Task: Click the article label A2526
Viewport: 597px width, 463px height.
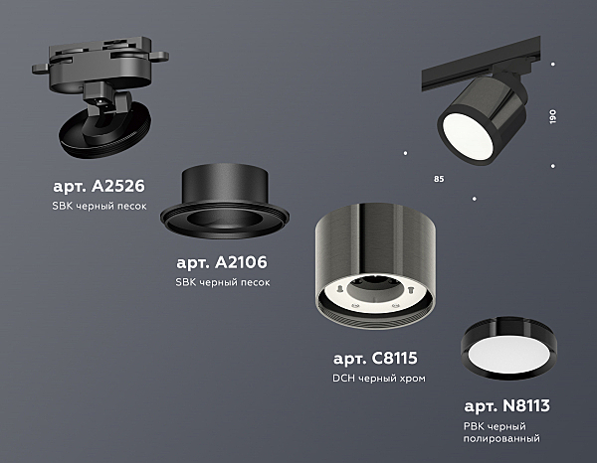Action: (x=99, y=186)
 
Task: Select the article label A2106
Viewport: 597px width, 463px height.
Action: (x=222, y=262)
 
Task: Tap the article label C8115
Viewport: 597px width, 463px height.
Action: (x=375, y=358)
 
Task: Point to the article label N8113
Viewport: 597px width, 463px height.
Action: (x=506, y=406)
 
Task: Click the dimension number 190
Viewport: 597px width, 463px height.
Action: (x=553, y=116)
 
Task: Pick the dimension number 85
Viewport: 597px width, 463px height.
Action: (x=439, y=179)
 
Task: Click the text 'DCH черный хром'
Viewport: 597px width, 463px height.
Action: (x=379, y=379)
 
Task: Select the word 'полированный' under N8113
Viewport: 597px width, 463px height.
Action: (x=501, y=439)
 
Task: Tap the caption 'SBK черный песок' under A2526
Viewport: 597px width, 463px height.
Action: (x=99, y=206)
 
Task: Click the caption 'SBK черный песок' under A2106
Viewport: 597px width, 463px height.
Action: (x=223, y=282)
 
